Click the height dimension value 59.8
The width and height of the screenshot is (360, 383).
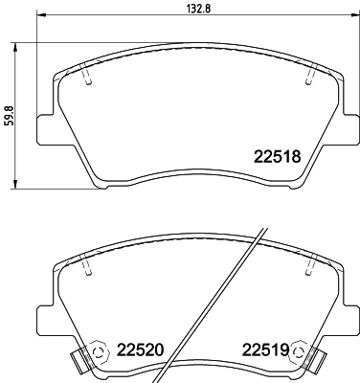[8, 114]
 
